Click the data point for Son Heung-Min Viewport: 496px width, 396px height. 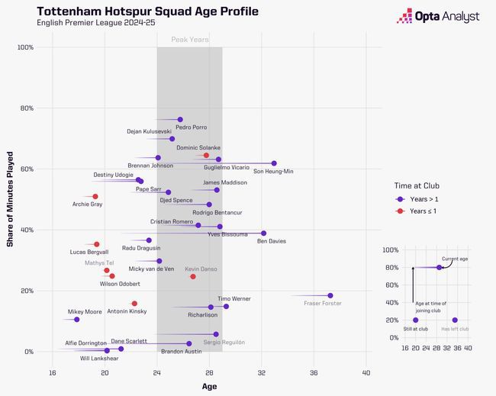click(274, 163)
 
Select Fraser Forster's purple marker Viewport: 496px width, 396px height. click(330, 296)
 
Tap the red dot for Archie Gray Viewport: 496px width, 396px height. click(95, 197)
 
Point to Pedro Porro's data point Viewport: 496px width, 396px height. click(180, 120)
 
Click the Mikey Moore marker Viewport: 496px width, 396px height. click(76, 320)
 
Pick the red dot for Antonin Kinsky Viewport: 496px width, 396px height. click(134, 304)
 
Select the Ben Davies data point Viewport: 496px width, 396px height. click(263, 233)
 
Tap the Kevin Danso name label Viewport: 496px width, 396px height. click(202, 269)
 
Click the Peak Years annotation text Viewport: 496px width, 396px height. click(189, 39)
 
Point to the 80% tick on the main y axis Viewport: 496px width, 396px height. click(24, 108)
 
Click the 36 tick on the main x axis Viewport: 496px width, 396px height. click(314, 372)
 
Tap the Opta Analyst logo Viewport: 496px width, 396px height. click(436, 17)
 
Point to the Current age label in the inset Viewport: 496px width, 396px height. click(456, 259)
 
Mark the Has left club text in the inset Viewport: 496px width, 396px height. click(455, 329)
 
